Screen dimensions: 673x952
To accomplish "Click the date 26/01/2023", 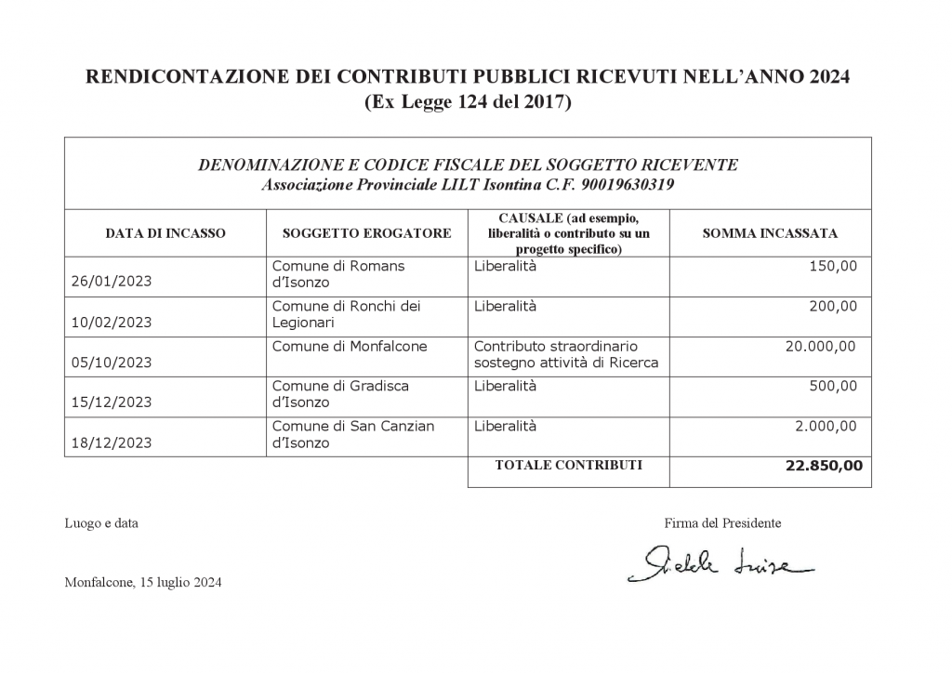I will tap(111, 283).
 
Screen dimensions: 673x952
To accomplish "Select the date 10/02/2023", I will tap(111, 323).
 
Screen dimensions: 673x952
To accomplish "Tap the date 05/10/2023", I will tap(111, 363).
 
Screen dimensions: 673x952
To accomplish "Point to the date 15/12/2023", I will tap(111, 402).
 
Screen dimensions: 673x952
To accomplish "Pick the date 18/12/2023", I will tap(111, 443).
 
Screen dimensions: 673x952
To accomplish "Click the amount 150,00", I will tap(834, 266).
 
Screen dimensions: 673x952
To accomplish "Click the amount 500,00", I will tap(834, 386).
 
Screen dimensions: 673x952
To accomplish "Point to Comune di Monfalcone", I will tap(349, 346).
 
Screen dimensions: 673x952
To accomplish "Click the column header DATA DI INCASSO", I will tap(165, 233).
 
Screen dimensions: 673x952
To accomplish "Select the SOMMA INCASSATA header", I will tap(770, 233).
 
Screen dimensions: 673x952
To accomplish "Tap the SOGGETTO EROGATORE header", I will tap(366, 233).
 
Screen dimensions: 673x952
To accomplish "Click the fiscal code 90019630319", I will tap(629, 185).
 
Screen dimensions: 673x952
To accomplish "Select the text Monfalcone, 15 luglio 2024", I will tap(143, 584).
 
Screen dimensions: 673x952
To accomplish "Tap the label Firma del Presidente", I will tap(722, 523).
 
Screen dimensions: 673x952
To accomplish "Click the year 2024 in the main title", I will tap(821, 76).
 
